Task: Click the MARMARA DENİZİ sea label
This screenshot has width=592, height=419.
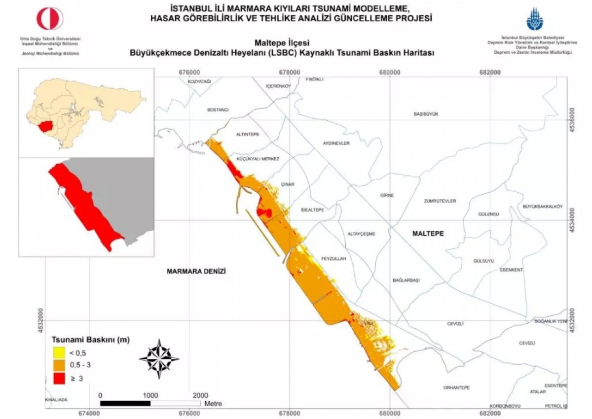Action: tap(196, 272)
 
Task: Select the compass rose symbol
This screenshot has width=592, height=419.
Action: tap(159, 359)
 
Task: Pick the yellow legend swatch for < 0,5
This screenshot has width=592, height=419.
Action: tap(59, 352)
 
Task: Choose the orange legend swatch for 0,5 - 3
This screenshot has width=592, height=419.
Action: tap(59, 365)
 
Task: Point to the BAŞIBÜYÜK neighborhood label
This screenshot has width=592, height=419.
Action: tap(425, 114)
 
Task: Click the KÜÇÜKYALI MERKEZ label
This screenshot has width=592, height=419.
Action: tap(258, 159)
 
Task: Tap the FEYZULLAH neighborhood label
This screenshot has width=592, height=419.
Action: tap(333, 258)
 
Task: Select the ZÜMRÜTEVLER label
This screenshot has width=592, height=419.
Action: tap(440, 201)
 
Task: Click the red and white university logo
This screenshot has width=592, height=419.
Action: tap(50, 19)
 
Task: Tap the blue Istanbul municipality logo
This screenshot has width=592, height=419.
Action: tap(535, 19)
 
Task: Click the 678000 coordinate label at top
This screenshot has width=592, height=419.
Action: tap(289, 72)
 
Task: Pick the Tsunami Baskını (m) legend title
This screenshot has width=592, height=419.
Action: tap(91, 340)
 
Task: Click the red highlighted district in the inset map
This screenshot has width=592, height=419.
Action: tap(47, 125)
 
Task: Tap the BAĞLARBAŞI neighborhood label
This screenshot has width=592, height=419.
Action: tap(406, 280)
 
